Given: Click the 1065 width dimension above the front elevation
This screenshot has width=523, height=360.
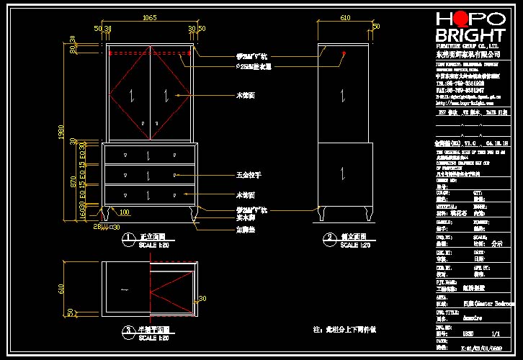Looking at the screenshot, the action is [150, 17].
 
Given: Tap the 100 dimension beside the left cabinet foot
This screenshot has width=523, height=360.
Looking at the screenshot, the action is [125, 212].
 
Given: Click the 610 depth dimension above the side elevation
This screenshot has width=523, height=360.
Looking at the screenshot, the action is [345, 17].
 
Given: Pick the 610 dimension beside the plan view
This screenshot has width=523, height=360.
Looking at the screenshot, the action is [62, 288].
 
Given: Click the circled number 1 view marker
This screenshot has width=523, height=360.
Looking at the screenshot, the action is [128, 237].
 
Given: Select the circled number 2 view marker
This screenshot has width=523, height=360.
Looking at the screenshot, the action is [329, 237].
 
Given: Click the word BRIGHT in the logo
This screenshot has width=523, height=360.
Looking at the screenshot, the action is [470, 35].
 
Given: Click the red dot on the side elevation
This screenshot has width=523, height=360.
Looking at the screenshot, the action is [344, 54].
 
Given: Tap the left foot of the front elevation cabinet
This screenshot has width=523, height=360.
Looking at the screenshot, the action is [108, 214].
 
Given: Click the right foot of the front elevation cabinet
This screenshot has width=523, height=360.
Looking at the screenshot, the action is [192, 214].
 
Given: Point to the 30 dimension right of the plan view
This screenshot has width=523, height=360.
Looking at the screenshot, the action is [202, 298].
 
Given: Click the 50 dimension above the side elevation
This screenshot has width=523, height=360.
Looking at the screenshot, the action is [376, 27].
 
